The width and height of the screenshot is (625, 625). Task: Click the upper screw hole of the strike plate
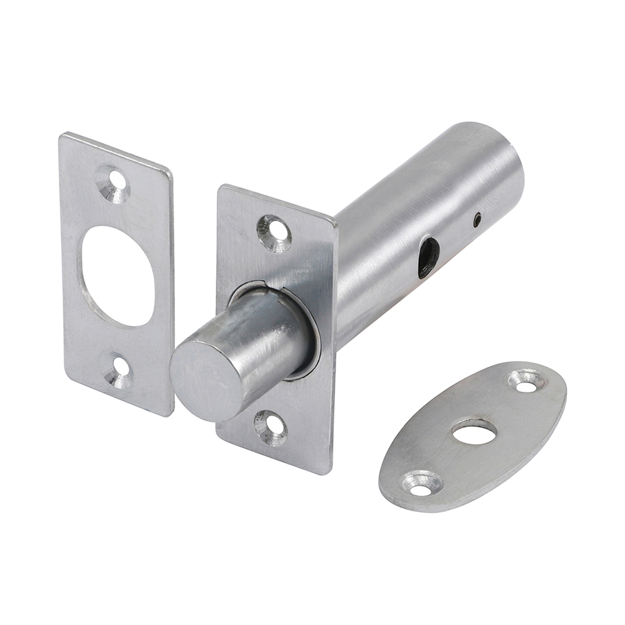click(x=114, y=184)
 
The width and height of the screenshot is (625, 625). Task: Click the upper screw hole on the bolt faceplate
click(x=275, y=233)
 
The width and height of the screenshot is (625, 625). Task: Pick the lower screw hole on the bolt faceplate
click(x=270, y=427)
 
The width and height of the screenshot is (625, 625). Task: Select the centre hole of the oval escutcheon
click(x=474, y=432)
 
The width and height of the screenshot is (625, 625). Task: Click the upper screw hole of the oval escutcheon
click(x=525, y=382)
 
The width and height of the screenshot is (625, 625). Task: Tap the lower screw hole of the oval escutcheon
click(x=421, y=484)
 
